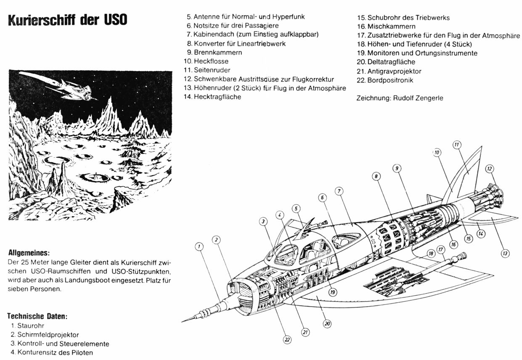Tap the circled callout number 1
tap(200, 246)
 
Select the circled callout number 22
tap(287, 340)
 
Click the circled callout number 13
tap(505, 253)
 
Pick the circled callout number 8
tap(376, 177)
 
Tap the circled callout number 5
tap(296, 208)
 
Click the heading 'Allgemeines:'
tap(29, 253)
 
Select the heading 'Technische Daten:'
tap(37, 316)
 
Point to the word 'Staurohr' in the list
tap(31, 326)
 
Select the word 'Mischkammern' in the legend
tap(391, 26)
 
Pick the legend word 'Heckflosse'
tap(211, 61)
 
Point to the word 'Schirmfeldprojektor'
tap(48, 335)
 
